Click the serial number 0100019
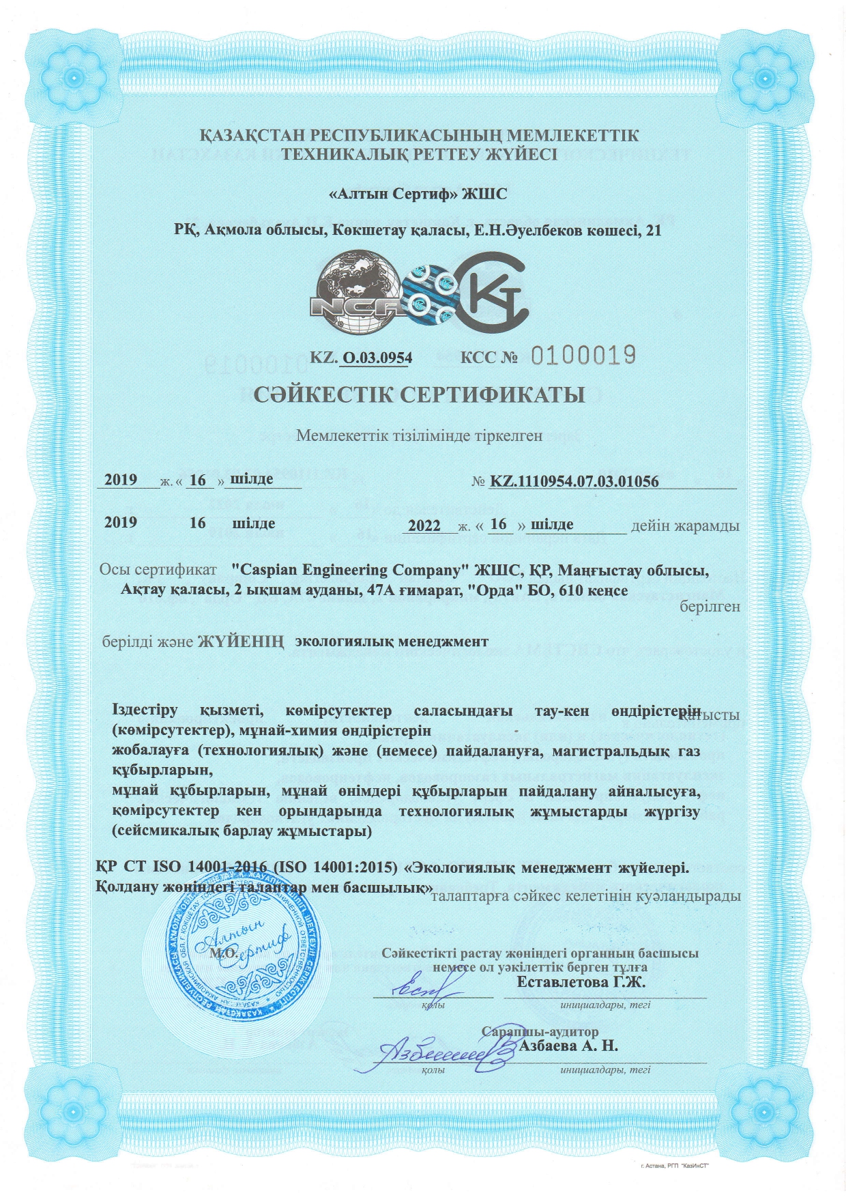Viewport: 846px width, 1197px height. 583,354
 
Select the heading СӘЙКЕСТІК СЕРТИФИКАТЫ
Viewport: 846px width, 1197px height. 420,394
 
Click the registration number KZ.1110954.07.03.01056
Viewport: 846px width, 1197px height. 574,482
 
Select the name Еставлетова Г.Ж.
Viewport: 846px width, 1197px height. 581,982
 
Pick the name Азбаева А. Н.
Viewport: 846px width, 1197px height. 568,1045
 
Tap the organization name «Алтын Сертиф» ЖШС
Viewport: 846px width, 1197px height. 418,194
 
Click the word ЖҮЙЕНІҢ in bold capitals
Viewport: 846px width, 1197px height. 240,642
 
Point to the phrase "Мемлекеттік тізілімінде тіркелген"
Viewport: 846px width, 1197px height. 419,435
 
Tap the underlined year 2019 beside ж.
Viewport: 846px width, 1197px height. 121,480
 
